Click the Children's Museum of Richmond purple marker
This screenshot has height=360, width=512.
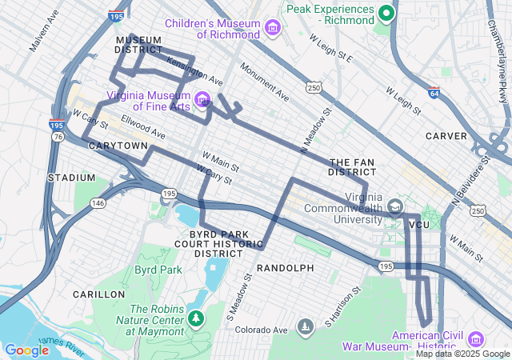pyautogui.click(x=273, y=29)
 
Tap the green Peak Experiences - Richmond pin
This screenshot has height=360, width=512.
pyautogui.click(x=386, y=12)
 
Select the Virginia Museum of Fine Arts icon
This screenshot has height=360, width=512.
pyautogui.click(x=204, y=100)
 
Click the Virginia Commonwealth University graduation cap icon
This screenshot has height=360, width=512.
pyautogui.click(x=396, y=207)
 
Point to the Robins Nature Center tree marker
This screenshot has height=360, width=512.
pyautogui.click(x=195, y=318)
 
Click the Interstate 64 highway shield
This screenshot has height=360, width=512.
pyautogui.click(x=433, y=93)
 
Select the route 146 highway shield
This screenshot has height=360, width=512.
pyautogui.click(x=98, y=203)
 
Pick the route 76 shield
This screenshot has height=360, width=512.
pyautogui.click(x=58, y=137)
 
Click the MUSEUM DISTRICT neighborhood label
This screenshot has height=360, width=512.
pyautogui.click(x=139, y=45)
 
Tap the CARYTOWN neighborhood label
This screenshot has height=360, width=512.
pyautogui.click(x=118, y=146)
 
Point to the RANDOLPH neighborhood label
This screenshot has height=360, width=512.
pyautogui.click(x=285, y=267)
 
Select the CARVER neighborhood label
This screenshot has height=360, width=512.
pyautogui.click(x=446, y=136)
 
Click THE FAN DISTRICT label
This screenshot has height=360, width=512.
pyautogui.click(x=352, y=166)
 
